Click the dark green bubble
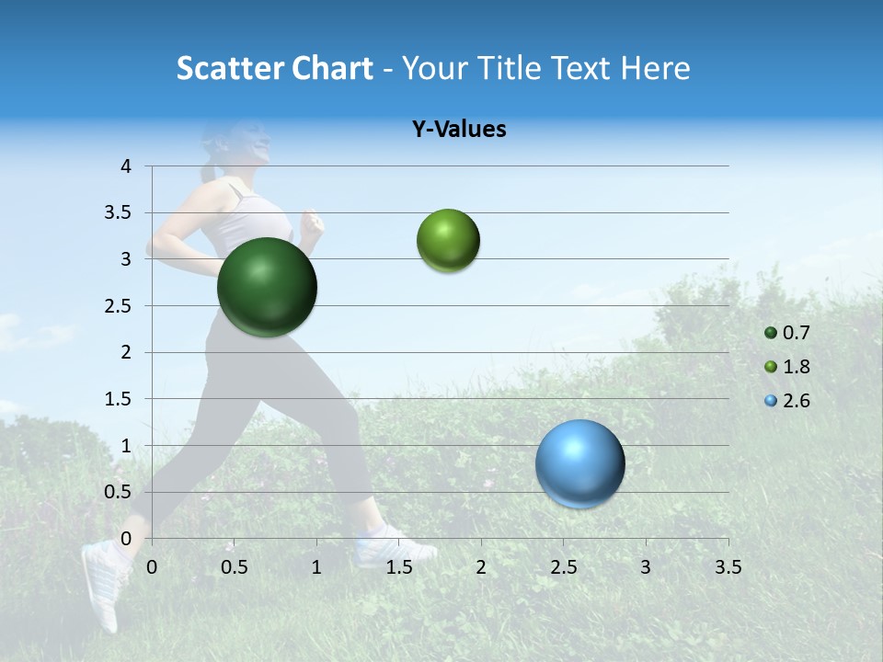(x=267, y=287)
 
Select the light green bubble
(x=448, y=241)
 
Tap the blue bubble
(x=579, y=463)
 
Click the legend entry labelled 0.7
(x=796, y=333)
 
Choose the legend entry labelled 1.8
(x=796, y=367)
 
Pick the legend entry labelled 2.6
(x=796, y=401)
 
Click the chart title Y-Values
(x=458, y=130)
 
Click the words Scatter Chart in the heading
(x=274, y=68)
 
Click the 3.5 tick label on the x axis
(x=728, y=567)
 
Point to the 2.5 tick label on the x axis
(x=563, y=567)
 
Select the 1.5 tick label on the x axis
(x=398, y=567)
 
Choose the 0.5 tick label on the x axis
(x=234, y=567)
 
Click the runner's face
(x=253, y=143)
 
